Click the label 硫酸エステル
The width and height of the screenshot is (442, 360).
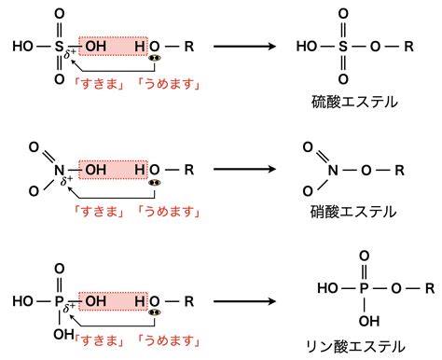[x=354, y=102]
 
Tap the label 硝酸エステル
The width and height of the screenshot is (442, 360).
[x=353, y=212]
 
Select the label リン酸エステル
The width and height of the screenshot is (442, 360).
[x=355, y=346]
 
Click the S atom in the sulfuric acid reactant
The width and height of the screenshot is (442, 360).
[x=59, y=47]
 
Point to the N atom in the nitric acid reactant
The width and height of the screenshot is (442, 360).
[x=59, y=170]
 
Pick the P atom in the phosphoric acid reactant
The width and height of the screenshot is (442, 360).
[x=59, y=301]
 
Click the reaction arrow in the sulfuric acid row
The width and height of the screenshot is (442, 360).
[x=244, y=47]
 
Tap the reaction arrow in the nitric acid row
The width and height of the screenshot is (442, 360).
[x=244, y=169]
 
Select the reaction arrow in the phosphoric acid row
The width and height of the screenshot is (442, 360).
[x=244, y=301]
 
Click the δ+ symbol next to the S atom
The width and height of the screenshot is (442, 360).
[x=70, y=53]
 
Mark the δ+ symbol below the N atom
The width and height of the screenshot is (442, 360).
[x=66, y=180]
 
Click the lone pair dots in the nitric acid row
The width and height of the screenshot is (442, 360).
[x=155, y=183]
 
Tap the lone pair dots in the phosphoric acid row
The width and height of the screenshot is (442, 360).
[x=155, y=312]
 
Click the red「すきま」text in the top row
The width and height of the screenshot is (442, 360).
[x=99, y=84]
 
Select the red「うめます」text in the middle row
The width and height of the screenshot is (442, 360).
[x=169, y=212]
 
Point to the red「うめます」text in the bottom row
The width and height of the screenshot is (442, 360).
[x=169, y=340]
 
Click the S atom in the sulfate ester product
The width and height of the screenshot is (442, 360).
[x=343, y=47]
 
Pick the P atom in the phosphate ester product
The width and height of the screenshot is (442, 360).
[x=364, y=288]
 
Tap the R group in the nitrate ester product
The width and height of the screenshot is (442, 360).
[x=399, y=170]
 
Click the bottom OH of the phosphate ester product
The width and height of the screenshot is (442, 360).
[x=369, y=321]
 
